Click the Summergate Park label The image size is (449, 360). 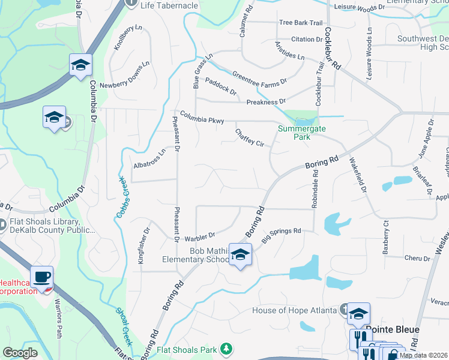point(294,133)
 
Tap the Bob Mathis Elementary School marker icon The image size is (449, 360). point(240,256)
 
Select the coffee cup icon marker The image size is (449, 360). point(42,278)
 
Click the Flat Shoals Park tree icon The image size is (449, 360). point(226,349)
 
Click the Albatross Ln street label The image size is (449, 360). point(149,160)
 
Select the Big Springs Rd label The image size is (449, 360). point(281,234)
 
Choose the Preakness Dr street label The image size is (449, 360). point(265,101)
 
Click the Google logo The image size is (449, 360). point(20,353)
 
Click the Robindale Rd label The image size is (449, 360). point(314,188)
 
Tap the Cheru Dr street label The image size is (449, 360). point(417,259)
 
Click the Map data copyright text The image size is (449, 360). point(423,355)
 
